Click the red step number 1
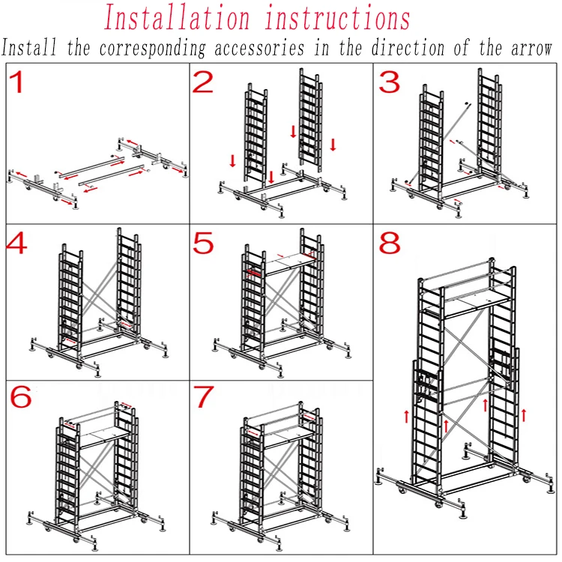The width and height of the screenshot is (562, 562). pos(16,82)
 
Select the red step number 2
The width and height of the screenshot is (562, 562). pos(203,82)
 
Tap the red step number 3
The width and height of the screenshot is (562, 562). pos(389,82)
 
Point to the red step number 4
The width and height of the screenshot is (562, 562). pos(16,243)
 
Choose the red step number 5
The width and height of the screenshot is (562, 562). pos(203,243)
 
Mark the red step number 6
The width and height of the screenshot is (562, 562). pos(21,396)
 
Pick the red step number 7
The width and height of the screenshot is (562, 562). pos(204,396)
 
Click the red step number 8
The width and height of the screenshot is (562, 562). pos(390,243)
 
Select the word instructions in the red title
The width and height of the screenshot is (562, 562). pos(338,17)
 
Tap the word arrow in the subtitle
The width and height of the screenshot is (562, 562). pos(531,48)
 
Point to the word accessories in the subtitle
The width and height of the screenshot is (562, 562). pos(259,48)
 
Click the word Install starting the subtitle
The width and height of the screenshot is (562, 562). pos(29,47)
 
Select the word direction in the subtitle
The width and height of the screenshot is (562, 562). pos(408,47)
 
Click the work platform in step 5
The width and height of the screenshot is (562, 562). pos(290,264)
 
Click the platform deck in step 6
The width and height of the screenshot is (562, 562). pos(105,438)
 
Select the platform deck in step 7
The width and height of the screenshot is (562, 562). pos(288,438)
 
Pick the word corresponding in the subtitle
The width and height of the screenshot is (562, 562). pos(152,49)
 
